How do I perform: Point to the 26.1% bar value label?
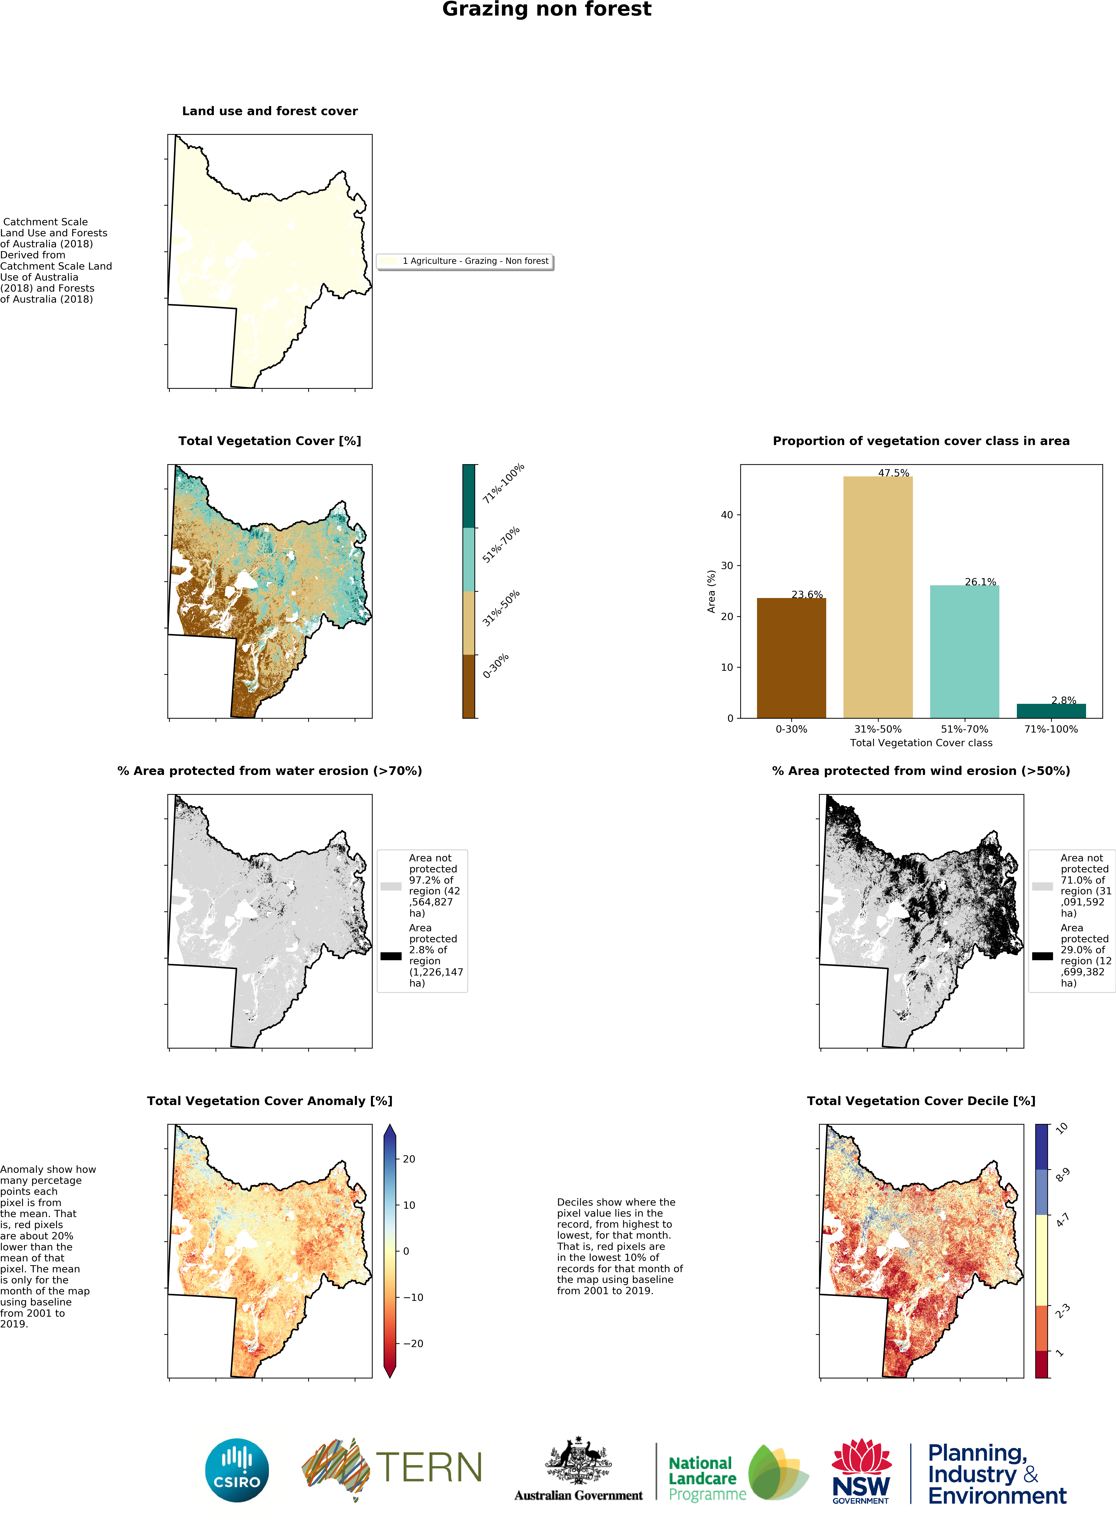click(980, 581)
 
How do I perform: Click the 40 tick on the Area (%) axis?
click(727, 515)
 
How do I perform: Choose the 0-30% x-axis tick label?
click(791, 729)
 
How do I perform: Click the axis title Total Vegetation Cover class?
click(921, 743)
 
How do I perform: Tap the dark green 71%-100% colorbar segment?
click(469, 497)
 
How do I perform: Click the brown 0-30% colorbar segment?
click(469, 686)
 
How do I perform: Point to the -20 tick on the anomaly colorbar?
click(413, 1343)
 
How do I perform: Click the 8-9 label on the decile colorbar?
click(1062, 1175)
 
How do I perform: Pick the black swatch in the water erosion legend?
click(390, 956)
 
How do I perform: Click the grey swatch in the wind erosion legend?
click(1042, 886)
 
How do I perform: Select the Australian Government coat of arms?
click(578, 1462)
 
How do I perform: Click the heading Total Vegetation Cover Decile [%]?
click(921, 1101)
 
